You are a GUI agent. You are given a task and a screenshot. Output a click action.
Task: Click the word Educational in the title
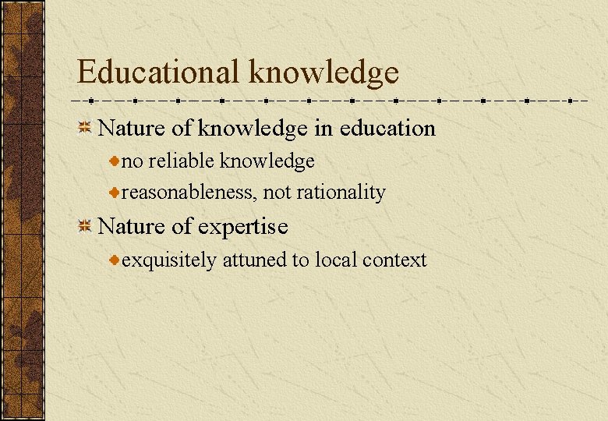[159, 73]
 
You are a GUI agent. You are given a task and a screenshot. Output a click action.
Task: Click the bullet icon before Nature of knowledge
[86, 128]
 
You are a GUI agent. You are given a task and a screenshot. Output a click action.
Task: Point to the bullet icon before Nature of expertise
[86, 227]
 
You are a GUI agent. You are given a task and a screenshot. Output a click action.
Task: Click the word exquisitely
[169, 260]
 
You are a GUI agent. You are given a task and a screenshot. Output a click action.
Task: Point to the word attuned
[254, 260]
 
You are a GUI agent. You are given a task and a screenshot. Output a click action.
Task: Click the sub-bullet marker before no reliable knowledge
[114, 161]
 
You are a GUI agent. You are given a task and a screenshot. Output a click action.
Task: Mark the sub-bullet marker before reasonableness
[114, 193]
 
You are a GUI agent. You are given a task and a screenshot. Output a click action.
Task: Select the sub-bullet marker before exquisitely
[114, 260]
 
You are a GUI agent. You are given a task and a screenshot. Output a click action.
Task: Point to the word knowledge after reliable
[267, 161]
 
